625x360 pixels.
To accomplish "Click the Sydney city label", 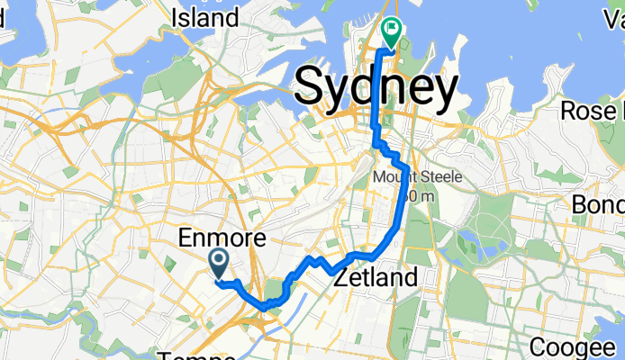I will [x=376, y=87].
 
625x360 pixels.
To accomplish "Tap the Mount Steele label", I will [x=417, y=177].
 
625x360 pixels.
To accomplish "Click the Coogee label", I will [x=575, y=347].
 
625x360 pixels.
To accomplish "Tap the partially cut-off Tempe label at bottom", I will [x=196, y=355].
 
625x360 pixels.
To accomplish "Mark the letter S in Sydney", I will [x=312, y=87].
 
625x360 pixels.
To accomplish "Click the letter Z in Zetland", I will [x=340, y=278].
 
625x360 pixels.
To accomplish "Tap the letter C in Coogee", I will [x=538, y=347].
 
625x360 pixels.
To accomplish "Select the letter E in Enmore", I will [x=185, y=238].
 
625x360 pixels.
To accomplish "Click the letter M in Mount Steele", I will [x=378, y=177].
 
